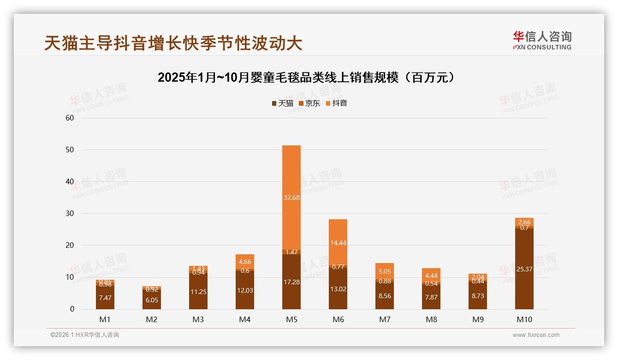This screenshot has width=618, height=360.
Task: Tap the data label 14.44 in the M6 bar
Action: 338,243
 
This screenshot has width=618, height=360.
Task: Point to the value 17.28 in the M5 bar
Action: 291,282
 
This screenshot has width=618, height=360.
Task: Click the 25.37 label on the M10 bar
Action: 524,269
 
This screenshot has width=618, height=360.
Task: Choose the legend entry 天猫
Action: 282,103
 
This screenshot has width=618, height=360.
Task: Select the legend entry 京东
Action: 309,103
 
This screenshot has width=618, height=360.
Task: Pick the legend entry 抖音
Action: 337,103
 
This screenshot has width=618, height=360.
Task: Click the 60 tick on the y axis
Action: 70,118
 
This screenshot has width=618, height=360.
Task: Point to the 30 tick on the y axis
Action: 70,214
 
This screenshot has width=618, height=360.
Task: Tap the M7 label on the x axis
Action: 385,319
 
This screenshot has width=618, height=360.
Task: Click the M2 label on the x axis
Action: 152,319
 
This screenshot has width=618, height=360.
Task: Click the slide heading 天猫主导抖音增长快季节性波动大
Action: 173,43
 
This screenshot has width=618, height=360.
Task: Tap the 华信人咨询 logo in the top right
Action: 542,40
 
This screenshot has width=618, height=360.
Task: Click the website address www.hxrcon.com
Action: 536,335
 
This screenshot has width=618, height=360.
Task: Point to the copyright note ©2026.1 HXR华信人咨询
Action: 85,335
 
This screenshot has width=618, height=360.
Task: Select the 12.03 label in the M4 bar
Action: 245,290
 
